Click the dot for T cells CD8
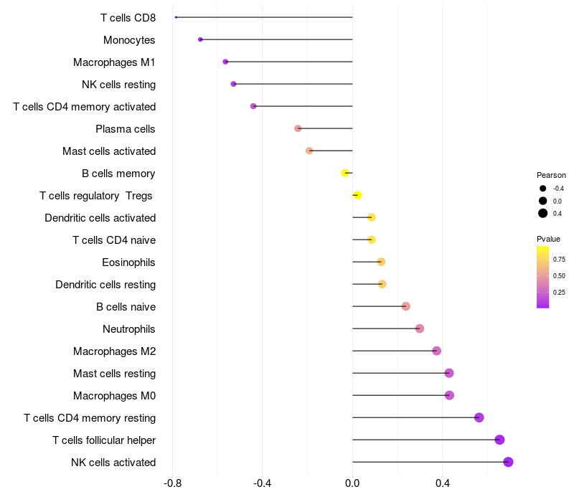[x=176, y=17]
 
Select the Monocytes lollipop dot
[x=200, y=39]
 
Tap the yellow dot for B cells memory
[x=345, y=173]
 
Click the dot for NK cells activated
[x=508, y=462]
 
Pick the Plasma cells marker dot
[x=298, y=128]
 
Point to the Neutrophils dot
[x=420, y=328]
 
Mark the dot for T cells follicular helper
[x=499, y=440]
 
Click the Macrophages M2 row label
[x=115, y=351]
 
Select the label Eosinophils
[x=128, y=262]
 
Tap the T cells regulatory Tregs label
[x=96, y=196]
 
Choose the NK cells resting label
[x=119, y=85]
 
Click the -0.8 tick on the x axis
[x=172, y=483]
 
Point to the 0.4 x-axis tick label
[x=442, y=483]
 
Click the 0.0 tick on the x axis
[x=352, y=483]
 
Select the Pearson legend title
[x=551, y=175]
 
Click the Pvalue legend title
[x=548, y=239]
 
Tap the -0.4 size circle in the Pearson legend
[x=543, y=189]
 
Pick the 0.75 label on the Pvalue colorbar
[x=559, y=260]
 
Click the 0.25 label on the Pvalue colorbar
[x=559, y=293]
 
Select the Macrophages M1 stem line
[x=289, y=62]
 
